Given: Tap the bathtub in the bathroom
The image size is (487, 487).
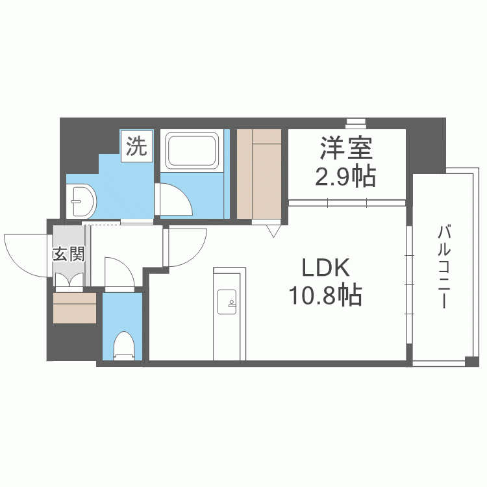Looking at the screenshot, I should pyautogui.click(x=193, y=151).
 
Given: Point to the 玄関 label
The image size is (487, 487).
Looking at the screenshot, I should pyautogui.click(x=68, y=253).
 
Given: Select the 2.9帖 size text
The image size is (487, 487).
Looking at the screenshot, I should pyautogui.click(x=345, y=176).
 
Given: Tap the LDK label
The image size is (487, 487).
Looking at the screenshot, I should pyautogui.click(x=325, y=268).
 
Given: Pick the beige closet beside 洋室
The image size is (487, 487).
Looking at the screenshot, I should pyautogui.click(x=259, y=174).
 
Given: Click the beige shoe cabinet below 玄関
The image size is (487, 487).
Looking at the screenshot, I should pyautogui.click(x=75, y=308).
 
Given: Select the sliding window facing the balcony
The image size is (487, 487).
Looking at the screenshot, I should pyautogui.click(x=408, y=286).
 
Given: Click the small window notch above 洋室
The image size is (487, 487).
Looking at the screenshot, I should pyautogui.click(x=355, y=121).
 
